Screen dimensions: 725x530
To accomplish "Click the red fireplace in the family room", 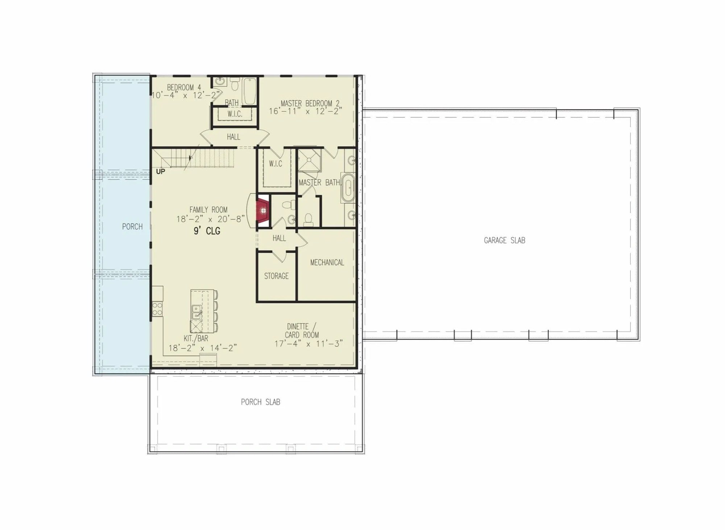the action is coord(263,210).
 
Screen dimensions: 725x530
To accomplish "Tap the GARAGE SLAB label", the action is coord(504,240).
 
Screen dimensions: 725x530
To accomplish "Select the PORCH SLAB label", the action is coord(260,402).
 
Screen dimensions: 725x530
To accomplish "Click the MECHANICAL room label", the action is coord(327,262).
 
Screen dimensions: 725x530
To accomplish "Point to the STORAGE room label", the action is coord(276,276).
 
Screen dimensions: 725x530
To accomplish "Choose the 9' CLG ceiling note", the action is coord(207,231).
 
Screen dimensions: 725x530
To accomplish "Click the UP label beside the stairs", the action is coord(160,171).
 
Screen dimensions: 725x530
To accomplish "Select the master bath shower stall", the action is coord(309,159).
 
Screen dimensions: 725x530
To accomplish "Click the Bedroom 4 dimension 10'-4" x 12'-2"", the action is coord(186,95).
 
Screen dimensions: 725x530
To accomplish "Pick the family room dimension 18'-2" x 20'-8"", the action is coord(211,219).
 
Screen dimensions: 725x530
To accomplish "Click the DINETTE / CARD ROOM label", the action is coord(302,331).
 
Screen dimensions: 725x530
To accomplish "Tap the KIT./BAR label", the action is coord(196,338).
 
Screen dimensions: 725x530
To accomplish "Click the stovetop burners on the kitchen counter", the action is coord(157,309).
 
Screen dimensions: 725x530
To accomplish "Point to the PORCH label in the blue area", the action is coord(132,226).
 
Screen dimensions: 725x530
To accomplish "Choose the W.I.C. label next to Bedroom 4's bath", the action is coord(235,114).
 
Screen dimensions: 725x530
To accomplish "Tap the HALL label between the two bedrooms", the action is coord(233,137).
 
